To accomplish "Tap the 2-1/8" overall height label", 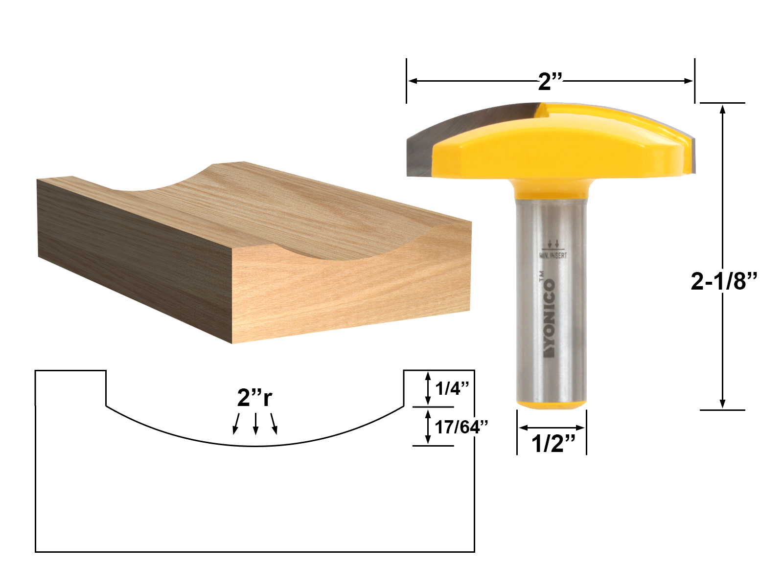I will point(724,281).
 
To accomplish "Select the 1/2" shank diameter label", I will point(553,444).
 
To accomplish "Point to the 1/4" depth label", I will point(452,388).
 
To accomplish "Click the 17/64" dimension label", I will point(461,427).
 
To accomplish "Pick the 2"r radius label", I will point(254,397).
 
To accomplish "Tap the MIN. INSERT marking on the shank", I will point(553,255).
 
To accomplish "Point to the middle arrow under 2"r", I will point(255,424).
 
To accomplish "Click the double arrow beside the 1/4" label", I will point(428,388).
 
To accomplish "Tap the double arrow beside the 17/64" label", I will point(428,427).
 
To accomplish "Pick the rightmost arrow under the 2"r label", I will point(274,424).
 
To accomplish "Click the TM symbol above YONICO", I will point(542,276).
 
